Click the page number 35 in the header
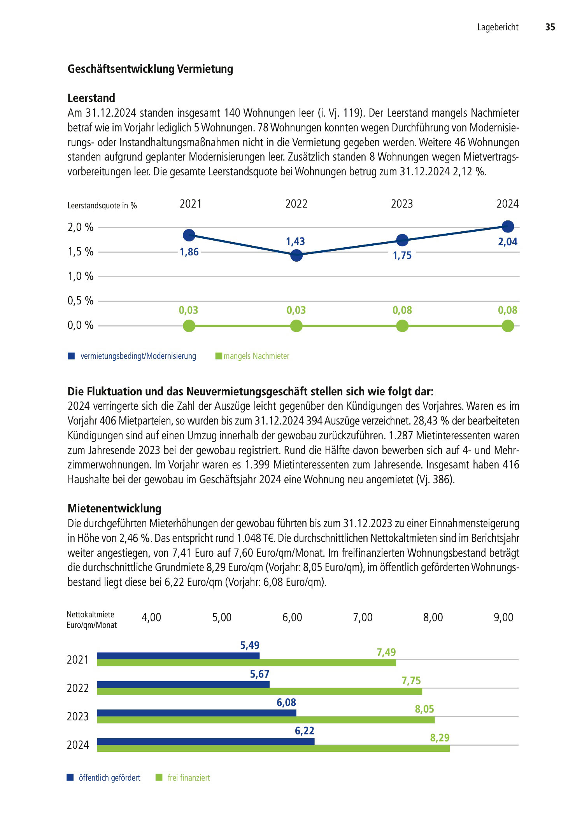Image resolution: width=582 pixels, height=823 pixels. [550, 27]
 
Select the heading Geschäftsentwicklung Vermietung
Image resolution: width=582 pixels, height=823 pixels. [150, 69]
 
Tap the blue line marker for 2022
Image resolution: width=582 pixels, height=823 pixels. [296, 255]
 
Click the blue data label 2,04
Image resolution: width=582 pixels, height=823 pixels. [508, 242]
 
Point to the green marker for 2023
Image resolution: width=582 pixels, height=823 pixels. [402, 326]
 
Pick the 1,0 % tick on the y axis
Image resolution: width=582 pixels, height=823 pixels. [81, 276]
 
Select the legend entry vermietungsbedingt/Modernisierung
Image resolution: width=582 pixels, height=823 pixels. [138, 356]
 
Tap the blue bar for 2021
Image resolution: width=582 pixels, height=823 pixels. [178, 656]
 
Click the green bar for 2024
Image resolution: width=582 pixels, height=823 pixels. [273, 748]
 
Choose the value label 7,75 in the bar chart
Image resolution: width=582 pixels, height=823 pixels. [411, 681]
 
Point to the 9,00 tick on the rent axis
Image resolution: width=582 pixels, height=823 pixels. [503, 617]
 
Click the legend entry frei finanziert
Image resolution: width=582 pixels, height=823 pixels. [189, 778]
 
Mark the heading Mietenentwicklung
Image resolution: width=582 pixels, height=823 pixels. [114, 508]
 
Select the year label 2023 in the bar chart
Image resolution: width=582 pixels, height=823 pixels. [78, 716]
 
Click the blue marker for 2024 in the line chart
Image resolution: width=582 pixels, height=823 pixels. [508, 226]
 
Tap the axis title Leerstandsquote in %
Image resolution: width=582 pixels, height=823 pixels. [102, 206]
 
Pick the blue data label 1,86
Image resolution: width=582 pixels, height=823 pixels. [189, 252]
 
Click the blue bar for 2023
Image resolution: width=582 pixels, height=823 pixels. [196, 713]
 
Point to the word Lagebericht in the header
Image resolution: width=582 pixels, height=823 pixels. [498, 27]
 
